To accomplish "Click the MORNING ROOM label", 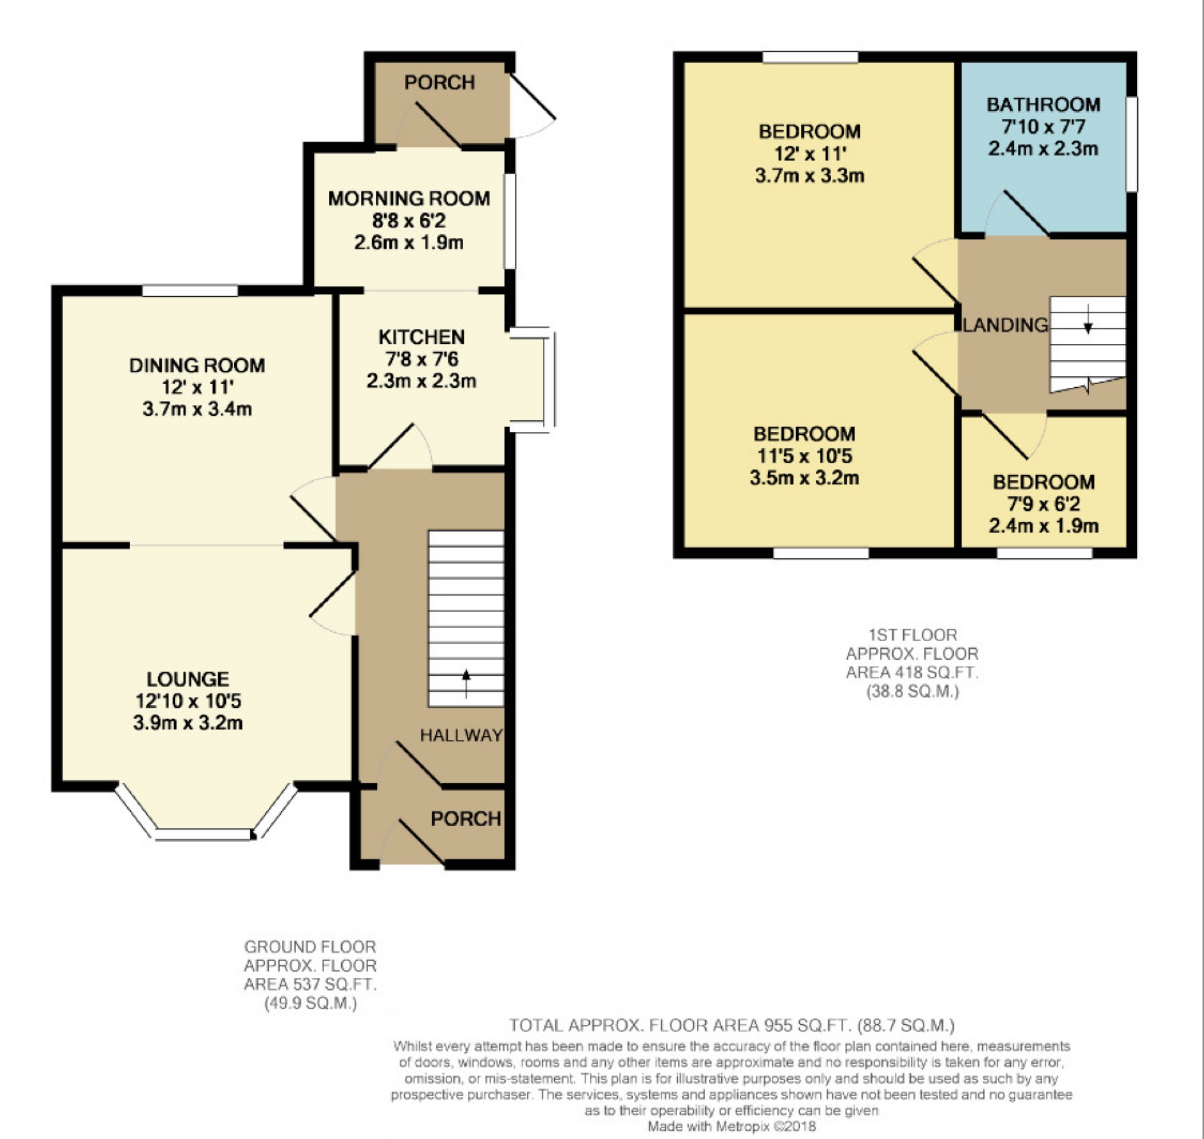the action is (409, 199).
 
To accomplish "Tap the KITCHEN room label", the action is (422, 337).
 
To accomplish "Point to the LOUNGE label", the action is (188, 679).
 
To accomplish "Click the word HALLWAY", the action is (462, 735).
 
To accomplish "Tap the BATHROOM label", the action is (1044, 105).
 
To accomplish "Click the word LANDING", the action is (1005, 325).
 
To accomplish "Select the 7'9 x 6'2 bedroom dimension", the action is (1044, 504).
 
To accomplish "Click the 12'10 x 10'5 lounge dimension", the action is (188, 701).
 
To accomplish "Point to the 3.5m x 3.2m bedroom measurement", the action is (804, 478).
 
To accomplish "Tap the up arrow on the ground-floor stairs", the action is (466, 683).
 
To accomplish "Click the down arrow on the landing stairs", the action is (1088, 319).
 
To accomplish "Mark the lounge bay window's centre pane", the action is (203, 835).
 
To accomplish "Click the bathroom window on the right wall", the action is (1132, 145).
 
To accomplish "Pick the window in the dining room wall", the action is (190, 291).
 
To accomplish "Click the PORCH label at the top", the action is (439, 83).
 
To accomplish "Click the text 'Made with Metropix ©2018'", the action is (733, 1127).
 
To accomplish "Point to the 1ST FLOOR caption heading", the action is (913, 635).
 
